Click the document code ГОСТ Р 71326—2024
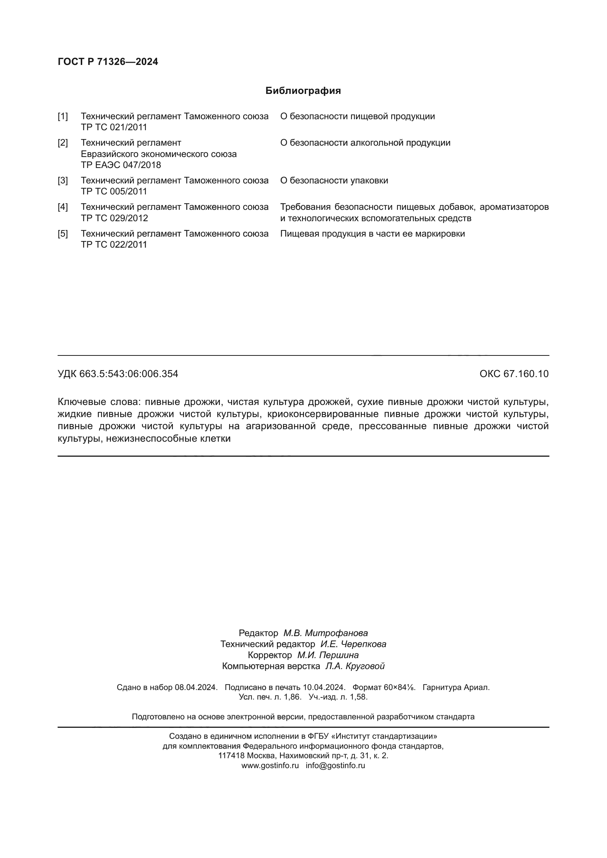pyautogui.click(x=108, y=62)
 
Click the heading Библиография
pyautogui.click(x=303, y=91)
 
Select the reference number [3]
pyautogui.click(x=63, y=180)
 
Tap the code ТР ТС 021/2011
pyautogui.click(x=114, y=127)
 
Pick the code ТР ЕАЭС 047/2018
pyautogui.click(x=121, y=165)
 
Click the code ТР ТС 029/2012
pyautogui.click(x=115, y=218)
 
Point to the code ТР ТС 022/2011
pyautogui.click(x=114, y=245)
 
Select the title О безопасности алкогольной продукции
pyautogui.click(x=365, y=143)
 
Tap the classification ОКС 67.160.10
pyautogui.click(x=514, y=374)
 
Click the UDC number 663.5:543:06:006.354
pyautogui.click(x=128, y=374)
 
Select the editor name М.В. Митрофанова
pyautogui.click(x=325, y=633)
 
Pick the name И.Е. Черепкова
pyautogui.click(x=353, y=644)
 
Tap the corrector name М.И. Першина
pyautogui.click(x=328, y=655)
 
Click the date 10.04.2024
pyautogui.click(x=323, y=687)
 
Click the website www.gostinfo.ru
pyautogui.click(x=270, y=765)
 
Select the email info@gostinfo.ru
pyautogui.click(x=335, y=765)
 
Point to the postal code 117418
pyautogui.click(x=231, y=756)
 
